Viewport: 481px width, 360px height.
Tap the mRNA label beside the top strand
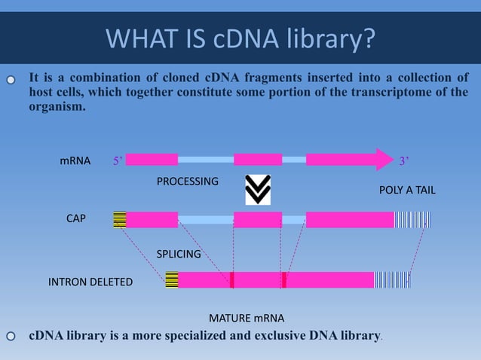pyautogui.click(x=75, y=161)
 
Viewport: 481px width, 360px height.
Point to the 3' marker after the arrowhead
pyautogui.click(x=405, y=160)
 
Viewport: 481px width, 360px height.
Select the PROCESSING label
pyautogui.click(x=187, y=182)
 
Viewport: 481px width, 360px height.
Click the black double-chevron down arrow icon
pyautogui.click(x=258, y=190)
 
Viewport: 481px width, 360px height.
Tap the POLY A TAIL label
pyautogui.click(x=407, y=191)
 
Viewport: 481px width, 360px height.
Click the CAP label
pyautogui.click(x=76, y=218)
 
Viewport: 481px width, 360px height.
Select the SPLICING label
pyautogui.click(x=179, y=255)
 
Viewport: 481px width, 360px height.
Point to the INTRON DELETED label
pyautogui.click(x=90, y=282)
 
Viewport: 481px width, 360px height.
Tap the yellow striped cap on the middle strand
pyautogui.click(x=119, y=219)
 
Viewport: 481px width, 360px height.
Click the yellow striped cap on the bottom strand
pyautogui.click(x=171, y=280)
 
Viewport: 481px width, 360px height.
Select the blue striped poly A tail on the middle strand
pyautogui.click(x=412, y=219)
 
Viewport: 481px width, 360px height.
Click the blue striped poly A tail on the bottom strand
pyautogui.click(x=392, y=280)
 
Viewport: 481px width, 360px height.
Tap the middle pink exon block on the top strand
pyautogui.click(x=258, y=160)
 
